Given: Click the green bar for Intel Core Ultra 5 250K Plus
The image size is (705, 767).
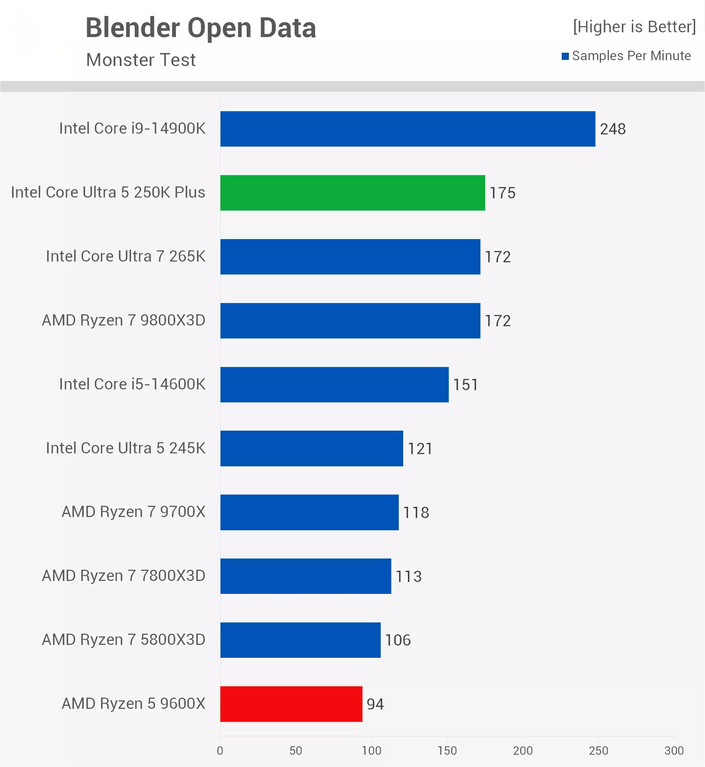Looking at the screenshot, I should coord(352,193).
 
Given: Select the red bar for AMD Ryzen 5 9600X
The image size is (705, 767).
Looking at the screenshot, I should coord(291,704).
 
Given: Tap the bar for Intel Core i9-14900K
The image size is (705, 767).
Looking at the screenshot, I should coord(407,129).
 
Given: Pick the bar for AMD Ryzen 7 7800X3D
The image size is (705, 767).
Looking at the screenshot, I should coord(306,576).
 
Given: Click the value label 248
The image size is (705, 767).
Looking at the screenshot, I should coord(613,129).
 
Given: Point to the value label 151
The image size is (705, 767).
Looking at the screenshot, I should coord(465,385).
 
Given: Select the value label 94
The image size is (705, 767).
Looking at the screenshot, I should coord(375,704).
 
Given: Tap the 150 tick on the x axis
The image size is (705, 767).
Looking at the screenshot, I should coord(447,751).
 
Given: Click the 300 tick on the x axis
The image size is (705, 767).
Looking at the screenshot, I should coord(674,751).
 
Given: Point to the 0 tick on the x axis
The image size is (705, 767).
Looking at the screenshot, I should coord(220,751).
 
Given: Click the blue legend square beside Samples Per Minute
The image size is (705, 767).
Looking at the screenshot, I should coord(565,56).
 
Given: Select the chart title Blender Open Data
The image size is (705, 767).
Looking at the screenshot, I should coord(201,28).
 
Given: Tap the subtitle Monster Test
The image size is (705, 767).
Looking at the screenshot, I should coord(141,60).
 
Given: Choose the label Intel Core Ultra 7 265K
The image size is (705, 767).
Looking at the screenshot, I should coord(126,256).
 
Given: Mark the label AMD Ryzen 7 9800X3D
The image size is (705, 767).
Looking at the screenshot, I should coord(124,320).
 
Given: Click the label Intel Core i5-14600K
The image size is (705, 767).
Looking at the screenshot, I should coord(132,384).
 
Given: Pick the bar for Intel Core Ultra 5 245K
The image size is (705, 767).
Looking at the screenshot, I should coord(312,448).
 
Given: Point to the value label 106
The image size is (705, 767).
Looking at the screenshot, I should coord(397,640).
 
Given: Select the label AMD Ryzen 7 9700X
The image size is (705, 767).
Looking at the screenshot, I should coord(133,512).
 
